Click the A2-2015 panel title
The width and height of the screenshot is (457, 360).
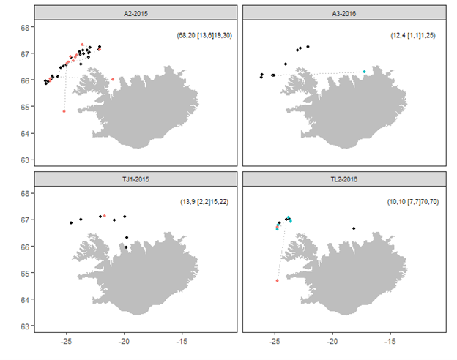point(135,13)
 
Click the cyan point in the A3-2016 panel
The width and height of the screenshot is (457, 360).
point(364,72)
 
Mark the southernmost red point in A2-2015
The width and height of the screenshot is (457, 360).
point(64,111)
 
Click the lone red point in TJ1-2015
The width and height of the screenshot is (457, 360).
point(105,216)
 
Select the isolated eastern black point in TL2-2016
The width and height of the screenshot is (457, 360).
point(354,228)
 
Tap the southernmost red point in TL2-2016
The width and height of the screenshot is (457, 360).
point(277,280)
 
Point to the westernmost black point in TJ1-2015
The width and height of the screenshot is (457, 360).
point(71,222)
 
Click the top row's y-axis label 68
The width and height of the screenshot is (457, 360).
point(24,28)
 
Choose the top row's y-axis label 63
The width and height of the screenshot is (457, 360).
point(24,160)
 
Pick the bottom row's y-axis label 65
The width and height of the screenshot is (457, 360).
point(24,273)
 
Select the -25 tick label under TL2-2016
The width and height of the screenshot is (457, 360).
point(275,340)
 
